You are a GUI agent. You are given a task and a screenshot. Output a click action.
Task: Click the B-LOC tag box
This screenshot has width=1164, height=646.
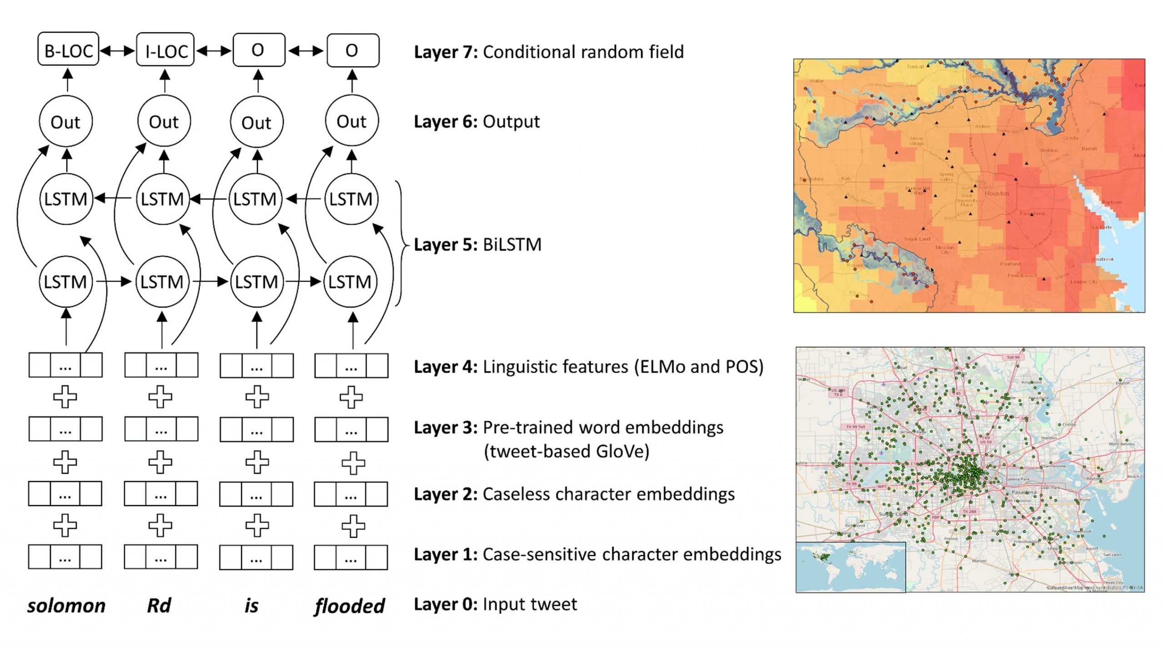point(68,49)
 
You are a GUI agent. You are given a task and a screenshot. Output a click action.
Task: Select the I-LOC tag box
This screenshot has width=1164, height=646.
point(166,49)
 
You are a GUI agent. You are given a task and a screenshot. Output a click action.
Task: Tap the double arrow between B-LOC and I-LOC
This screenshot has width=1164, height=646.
point(117,50)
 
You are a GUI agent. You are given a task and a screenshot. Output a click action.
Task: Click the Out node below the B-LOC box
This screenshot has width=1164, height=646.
point(66,122)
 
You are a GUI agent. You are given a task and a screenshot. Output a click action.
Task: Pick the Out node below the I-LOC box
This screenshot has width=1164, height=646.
point(164,121)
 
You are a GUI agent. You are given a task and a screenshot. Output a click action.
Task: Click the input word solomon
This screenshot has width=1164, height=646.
point(66,606)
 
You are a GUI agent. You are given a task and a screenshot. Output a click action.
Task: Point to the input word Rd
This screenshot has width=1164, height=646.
point(159,606)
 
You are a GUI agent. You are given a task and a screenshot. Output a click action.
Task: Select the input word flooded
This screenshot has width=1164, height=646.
point(349,606)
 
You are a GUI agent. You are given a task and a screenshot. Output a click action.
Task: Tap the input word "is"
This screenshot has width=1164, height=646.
point(251,606)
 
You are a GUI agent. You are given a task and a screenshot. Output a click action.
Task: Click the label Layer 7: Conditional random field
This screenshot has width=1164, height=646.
point(548,52)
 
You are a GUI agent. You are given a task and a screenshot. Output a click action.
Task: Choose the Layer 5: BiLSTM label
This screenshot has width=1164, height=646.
point(477,244)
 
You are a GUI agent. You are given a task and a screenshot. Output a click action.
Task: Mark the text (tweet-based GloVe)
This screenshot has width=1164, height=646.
point(567,451)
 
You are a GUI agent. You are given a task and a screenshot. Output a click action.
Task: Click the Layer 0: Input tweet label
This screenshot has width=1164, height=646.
point(495,604)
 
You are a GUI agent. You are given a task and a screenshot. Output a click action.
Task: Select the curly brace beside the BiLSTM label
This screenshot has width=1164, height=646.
point(401,244)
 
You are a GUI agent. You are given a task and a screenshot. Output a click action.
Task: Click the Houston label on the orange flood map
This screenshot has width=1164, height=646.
point(996,194)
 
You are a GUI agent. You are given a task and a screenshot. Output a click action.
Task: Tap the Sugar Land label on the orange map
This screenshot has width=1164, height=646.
point(917,239)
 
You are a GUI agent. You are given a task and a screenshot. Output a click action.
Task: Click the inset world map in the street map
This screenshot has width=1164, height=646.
point(850,567)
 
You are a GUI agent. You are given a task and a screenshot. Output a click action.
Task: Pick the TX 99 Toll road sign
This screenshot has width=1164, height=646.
point(855,427)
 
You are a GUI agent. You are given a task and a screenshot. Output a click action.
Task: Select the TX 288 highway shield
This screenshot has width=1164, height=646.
point(969,512)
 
